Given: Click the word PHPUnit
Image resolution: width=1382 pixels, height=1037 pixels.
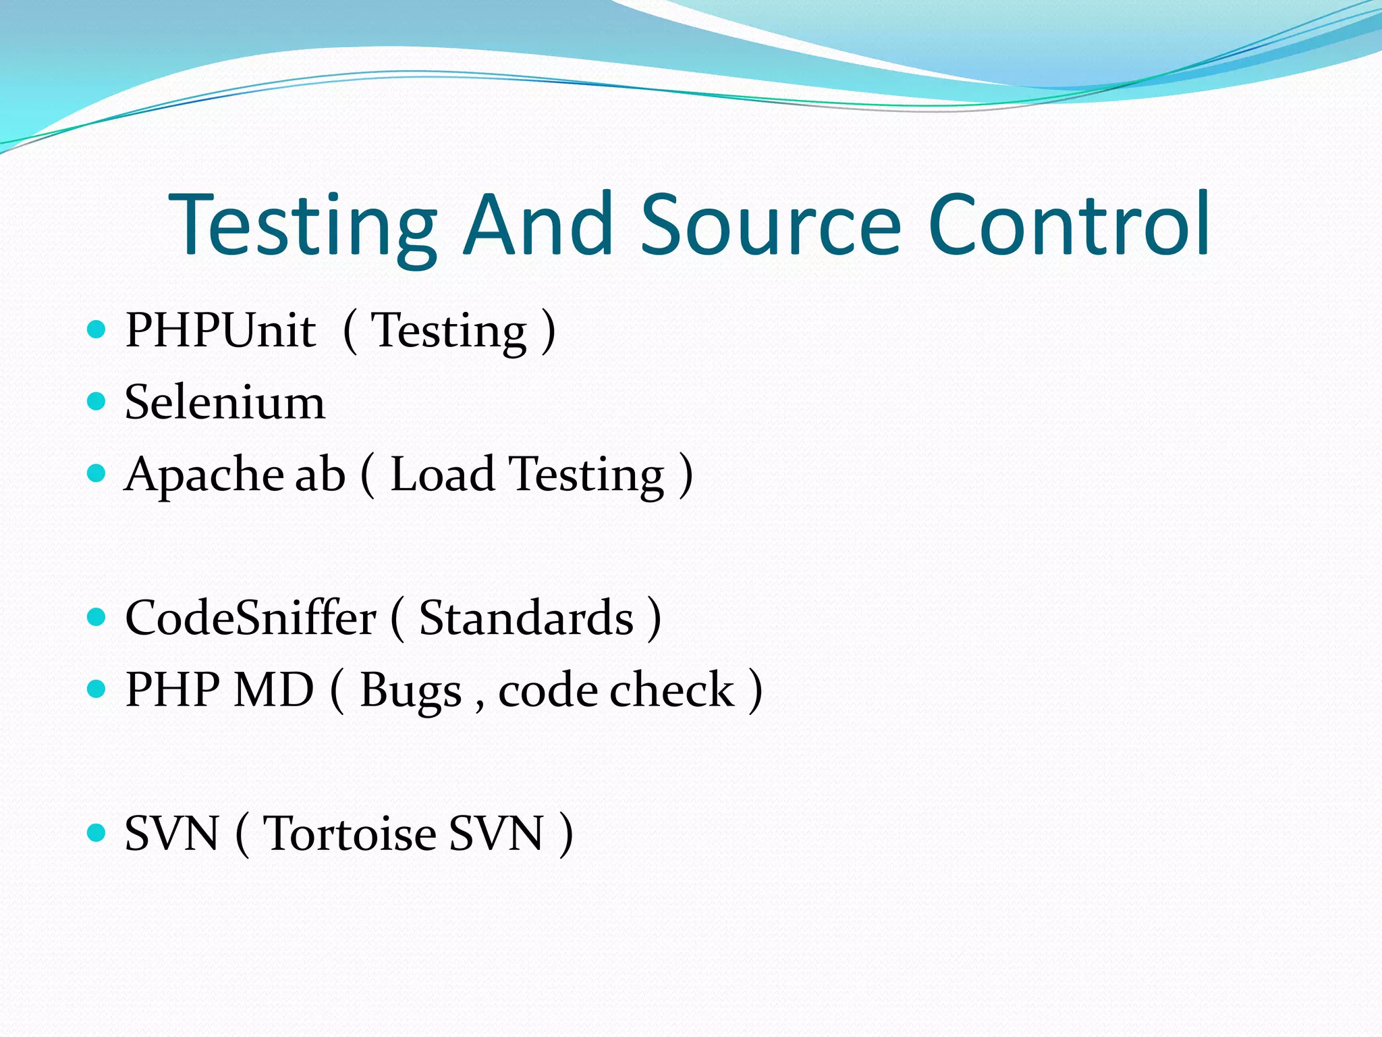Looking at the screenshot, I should [x=220, y=331].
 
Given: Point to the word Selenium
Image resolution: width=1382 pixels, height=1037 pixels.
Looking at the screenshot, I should [x=225, y=402].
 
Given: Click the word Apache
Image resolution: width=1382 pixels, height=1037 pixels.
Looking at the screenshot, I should [x=204, y=475].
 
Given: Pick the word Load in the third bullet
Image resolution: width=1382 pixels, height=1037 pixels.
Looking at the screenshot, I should [x=443, y=474].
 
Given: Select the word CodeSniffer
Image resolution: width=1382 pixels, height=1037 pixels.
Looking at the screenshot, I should [x=250, y=618].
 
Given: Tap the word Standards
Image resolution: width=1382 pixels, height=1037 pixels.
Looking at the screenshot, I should [x=526, y=618].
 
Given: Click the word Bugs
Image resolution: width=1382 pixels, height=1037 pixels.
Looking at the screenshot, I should [x=410, y=691].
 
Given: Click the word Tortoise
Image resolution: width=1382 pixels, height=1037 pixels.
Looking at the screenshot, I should [x=350, y=834].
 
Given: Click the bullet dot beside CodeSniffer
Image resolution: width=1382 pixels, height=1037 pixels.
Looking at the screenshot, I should [x=97, y=617].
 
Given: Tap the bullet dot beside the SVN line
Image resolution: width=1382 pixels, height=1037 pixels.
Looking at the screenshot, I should [x=97, y=832].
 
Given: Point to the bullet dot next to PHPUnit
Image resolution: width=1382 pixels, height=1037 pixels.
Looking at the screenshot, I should [x=97, y=329].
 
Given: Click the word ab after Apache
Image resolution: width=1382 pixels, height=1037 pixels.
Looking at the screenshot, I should [x=321, y=474].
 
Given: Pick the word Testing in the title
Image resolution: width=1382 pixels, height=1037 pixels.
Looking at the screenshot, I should [x=304, y=226].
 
